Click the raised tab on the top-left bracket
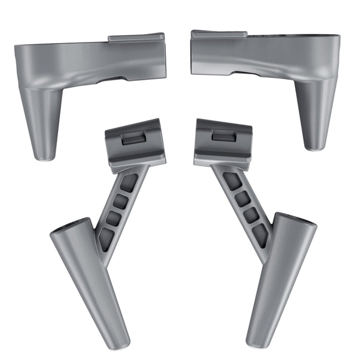[x=136, y=37]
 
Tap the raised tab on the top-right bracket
[x=219, y=35]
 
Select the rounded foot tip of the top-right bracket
[x=315, y=146]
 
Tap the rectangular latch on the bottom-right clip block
[x=224, y=135]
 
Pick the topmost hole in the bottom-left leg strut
[x=129, y=182]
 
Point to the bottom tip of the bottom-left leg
[x=122, y=343]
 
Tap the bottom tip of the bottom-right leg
[x=255, y=342]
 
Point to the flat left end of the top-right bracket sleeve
[x=193, y=53]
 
